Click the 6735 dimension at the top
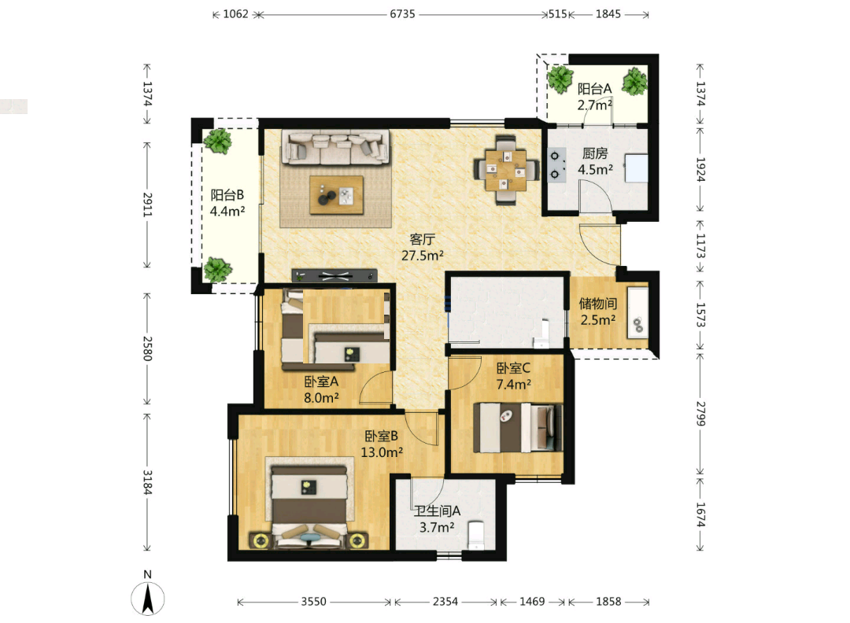click(x=402, y=14)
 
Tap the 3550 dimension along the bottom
click(x=314, y=601)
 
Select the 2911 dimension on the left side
click(x=147, y=205)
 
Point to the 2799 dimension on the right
click(x=700, y=413)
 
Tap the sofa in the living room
click(x=335, y=146)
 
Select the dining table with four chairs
click(x=506, y=170)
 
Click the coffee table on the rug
click(x=336, y=194)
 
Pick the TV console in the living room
click(x=334, y=276)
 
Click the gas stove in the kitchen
click(x=556, y=164)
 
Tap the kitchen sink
click(x=636, y=168)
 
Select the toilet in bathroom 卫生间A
click(x=476, y=536)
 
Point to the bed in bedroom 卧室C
click(x=518, y=427)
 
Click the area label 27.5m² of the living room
click(x=423, y=255)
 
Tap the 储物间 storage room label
click(x=598, y=304)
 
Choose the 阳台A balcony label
click(x=595, y=88)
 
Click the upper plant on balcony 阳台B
click(x=218, y=141)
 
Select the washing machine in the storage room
click(x=638, y=313)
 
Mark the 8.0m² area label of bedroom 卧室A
click(x=321, y=398)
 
